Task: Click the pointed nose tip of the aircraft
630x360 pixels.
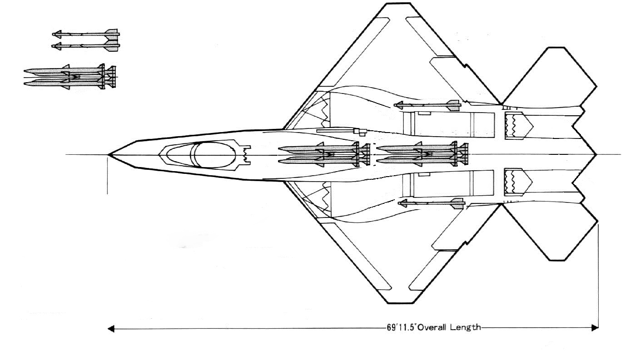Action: click(x=109, y=155)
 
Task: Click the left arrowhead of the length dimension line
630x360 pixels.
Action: click(x=110, y=328)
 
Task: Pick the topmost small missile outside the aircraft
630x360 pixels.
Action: click(x=86, y=34)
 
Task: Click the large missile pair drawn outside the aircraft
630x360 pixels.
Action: click(x=71, y=77)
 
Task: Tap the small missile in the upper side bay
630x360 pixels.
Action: click(x=427, y=105)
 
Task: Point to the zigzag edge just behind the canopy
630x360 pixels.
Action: click(x=247, y=154)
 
